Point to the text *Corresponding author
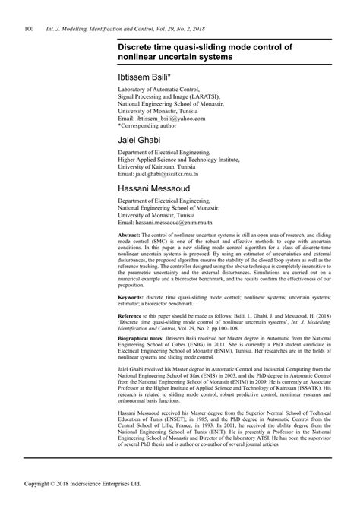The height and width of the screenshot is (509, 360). coord(149,126)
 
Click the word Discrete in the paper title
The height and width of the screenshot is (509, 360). coord(134,46)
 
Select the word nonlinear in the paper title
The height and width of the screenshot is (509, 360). coord(136,57)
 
